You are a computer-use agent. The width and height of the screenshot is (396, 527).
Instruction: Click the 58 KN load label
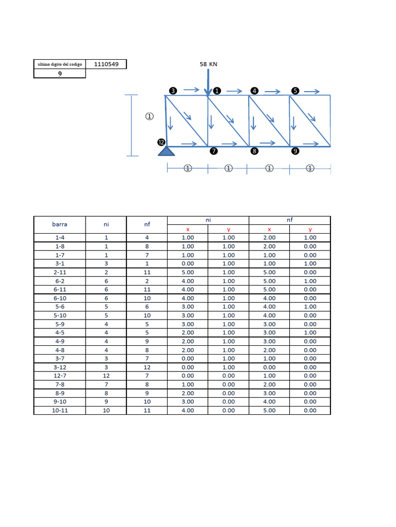pos(208,64)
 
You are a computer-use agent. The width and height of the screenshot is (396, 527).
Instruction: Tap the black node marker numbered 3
pos(173,91)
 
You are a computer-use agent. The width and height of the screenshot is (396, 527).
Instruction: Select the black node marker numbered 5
pos(295,91)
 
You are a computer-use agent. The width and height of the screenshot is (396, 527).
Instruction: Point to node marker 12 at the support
pos(161,143)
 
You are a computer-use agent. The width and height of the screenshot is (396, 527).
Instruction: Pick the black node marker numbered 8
pos(254,151)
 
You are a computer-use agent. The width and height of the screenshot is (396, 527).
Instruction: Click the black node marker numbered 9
pos(295,151)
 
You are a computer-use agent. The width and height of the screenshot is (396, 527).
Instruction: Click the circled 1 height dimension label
pos(150,117)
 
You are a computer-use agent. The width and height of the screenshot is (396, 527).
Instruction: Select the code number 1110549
pos(106,64)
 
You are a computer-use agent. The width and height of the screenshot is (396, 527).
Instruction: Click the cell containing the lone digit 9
pos(60,74)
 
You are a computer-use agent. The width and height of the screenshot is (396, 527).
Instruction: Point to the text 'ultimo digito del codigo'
pos(60,64)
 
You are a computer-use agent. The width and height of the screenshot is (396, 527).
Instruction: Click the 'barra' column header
pos(60,224)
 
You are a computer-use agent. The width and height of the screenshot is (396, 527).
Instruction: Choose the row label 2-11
pos(60,272)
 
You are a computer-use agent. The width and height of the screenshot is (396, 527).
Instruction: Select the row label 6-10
pos(60,298)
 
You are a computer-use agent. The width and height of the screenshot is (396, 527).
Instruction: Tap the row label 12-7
pos(60,376)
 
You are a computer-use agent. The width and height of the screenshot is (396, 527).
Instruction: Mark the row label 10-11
pos(60,410)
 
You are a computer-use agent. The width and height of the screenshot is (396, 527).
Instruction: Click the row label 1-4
pos(60,238)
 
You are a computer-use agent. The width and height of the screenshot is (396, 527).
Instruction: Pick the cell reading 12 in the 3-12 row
pos(146,367)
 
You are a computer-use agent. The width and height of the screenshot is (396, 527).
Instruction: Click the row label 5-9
pos(60,324)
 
